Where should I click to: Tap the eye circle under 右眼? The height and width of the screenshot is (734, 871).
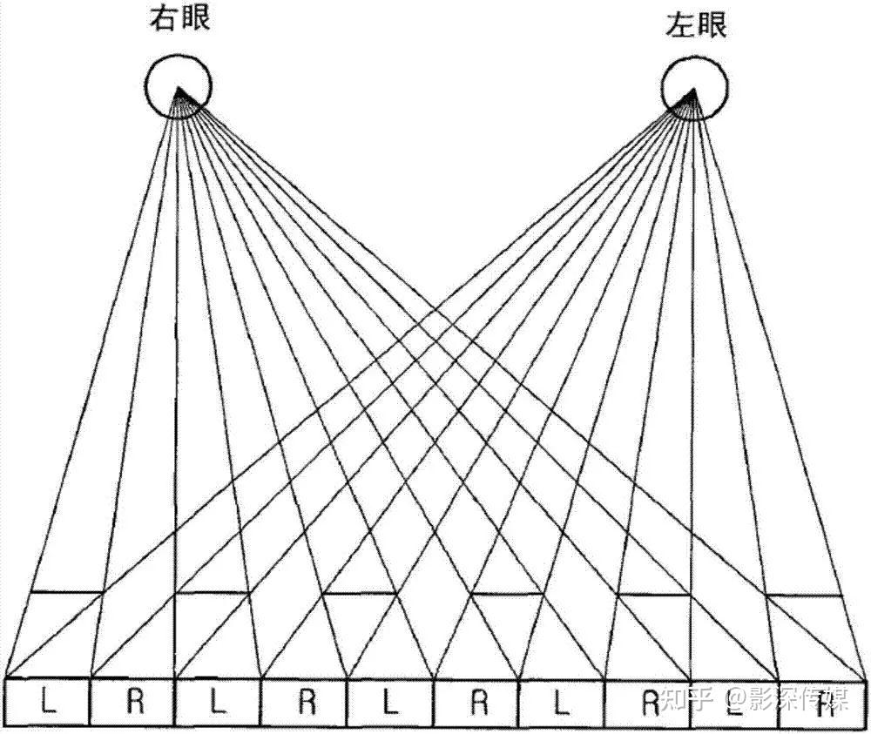[178, 87]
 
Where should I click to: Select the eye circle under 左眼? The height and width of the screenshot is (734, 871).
[693, 90]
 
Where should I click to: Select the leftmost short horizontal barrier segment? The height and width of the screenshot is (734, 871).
[67, 593]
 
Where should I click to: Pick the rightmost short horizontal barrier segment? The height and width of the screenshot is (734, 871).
[804, 596]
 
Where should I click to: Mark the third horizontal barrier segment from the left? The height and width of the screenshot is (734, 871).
[361, 594]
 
